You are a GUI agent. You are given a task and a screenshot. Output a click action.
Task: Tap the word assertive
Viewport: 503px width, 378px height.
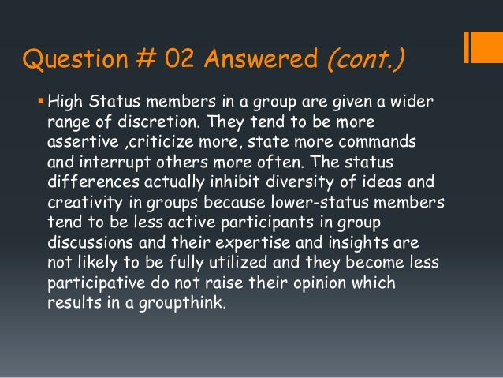(x=80, y=140)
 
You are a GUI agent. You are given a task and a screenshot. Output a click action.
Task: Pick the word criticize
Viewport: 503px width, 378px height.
(x=158, y=140)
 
